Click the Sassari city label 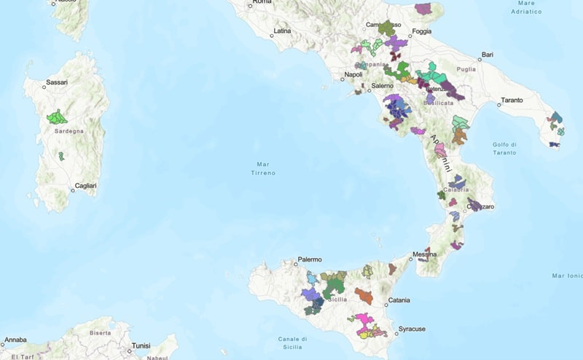pos(56,82)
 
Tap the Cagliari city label pos(85,186)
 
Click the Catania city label pos(399,300)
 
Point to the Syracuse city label pos(412,329)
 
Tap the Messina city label pos(424,254)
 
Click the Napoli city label pos(353,74)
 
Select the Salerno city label pos(382,86)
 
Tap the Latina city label pos(281,31)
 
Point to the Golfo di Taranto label pos(504,148)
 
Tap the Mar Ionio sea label pos(567,275)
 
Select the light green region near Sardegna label pos(56,117)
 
